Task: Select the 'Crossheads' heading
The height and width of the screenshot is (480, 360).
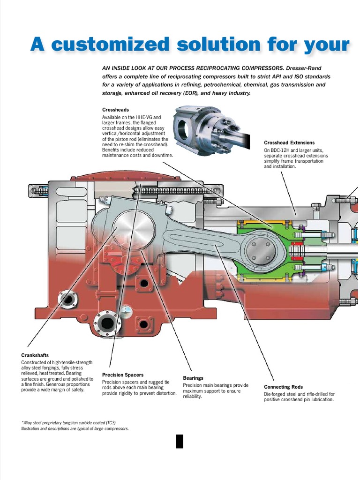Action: point(115,110)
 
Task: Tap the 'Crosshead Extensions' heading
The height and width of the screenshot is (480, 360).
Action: point(289,142)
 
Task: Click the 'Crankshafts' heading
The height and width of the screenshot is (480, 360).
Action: point(35,355)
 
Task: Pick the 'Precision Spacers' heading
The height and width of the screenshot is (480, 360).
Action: point(123,375)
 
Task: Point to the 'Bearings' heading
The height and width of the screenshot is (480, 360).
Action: point(193,378)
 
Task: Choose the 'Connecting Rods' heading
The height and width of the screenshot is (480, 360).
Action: point(283,387)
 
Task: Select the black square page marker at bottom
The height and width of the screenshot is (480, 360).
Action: point(180,441)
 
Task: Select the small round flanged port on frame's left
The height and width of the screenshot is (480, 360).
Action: point(68,299)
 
